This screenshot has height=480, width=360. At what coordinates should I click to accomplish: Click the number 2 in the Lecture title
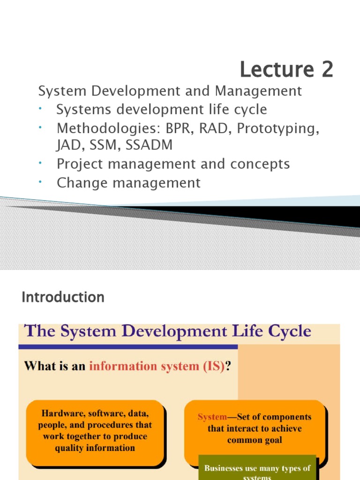click(327, 70)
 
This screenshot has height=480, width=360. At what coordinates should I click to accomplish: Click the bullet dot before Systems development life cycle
click(41, 108)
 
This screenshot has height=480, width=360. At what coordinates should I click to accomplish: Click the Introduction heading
click(63, 297)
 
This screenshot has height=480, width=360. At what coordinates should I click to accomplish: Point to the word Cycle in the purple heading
click(290, 331)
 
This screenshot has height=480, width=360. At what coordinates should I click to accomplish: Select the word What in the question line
click(39, 367)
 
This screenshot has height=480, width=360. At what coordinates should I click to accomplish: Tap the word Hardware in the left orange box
click(61, 414)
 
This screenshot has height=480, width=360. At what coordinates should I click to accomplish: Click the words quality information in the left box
click(95, 448)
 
